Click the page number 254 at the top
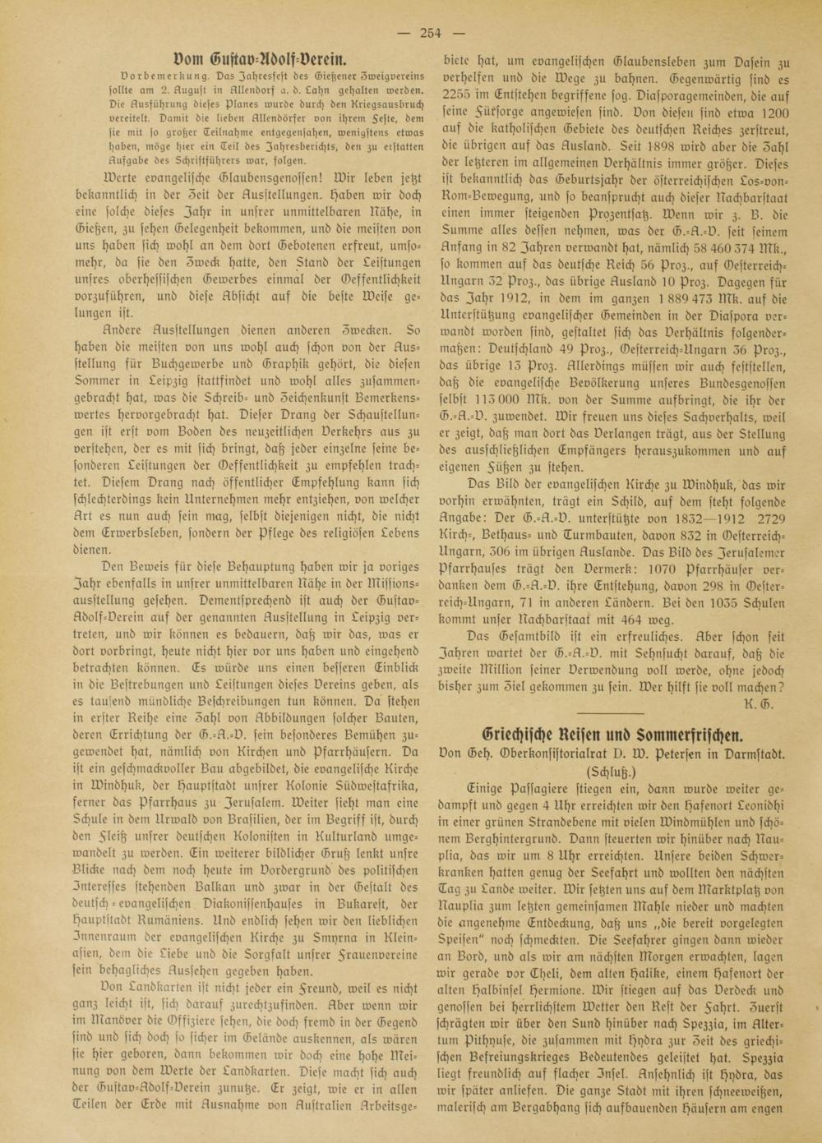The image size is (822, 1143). click(431, 33)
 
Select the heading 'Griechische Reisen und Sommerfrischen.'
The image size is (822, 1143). click(612, 734)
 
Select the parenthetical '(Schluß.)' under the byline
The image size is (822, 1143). click(612, 773)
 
